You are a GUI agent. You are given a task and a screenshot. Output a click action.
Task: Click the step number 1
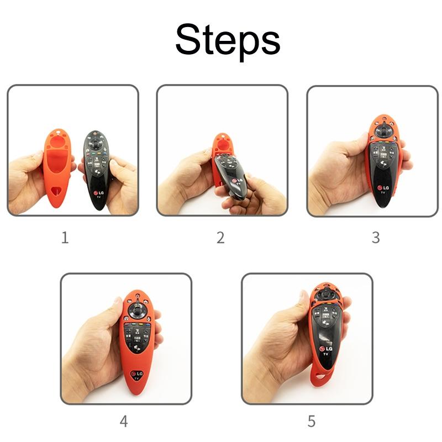[x=65, y=238]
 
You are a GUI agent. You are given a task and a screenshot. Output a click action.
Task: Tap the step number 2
[x=220, y=238]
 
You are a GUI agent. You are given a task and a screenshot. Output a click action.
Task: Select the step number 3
[x=376, y=238]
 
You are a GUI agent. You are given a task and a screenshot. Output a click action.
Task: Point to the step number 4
[x=124, y=422]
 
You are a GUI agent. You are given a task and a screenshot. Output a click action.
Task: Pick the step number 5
[x=311, y=422]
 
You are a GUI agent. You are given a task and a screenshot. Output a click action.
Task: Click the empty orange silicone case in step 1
[x=57, y=168]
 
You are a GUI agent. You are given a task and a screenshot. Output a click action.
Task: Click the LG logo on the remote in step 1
[x=99, y=193]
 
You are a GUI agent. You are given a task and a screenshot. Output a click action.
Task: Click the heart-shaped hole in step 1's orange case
[x=57, y=192]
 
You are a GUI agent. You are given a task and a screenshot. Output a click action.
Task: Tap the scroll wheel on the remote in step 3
[x=383, y=131]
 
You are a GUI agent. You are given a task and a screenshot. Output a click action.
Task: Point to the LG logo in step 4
[x=137, y=374]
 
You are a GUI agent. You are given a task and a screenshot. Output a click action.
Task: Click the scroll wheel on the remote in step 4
[x=138, y=310]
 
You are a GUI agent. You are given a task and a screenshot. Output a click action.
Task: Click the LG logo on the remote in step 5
[x=326, y=349]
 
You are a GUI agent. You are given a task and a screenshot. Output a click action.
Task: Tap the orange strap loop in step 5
[x=320, y=376]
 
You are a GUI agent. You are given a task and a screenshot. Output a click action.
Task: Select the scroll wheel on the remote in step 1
[x=96, y=143]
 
